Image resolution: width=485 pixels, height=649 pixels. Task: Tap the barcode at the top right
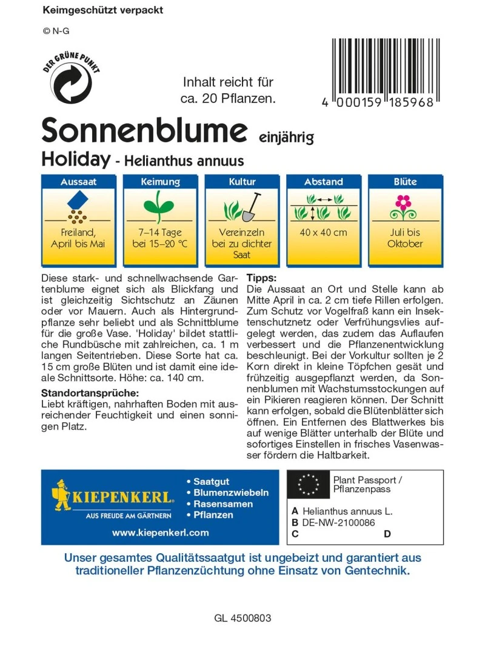tap(383, 68)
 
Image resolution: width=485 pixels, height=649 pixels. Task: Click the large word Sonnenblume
tap(145, 130)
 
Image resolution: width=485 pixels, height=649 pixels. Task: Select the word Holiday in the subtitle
tap(75, 159)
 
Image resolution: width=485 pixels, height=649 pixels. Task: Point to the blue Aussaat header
tap(78, 182)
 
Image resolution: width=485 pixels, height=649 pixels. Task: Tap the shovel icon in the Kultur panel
tap(251, 207)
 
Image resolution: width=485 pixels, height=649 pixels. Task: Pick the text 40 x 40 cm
tap(324, 233)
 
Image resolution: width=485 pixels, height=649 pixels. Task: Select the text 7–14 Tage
tap(160, 233)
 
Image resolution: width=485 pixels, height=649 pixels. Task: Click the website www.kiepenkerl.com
tap(160, 533)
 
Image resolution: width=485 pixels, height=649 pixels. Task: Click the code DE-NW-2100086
tap(338, 522)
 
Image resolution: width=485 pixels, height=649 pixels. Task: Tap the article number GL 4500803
tap(242, 619)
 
